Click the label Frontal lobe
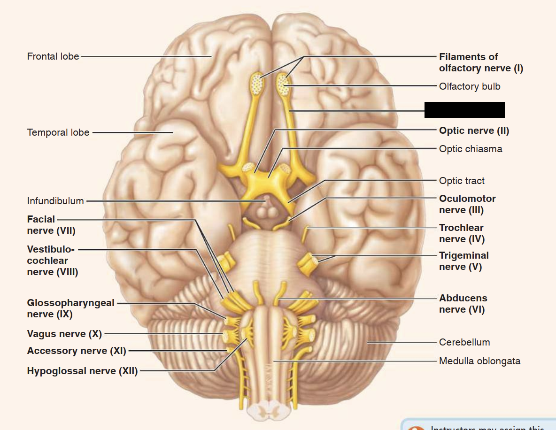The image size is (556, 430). pos(53,56)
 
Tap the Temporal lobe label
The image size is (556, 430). pos(58,132)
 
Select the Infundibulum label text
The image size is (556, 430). pos(55,201)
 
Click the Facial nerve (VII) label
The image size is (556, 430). pos(51,225)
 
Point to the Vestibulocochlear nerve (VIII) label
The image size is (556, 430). pos(52,260)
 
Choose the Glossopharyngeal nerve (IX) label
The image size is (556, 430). pos(70,308)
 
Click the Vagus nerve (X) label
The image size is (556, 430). pos(64,334)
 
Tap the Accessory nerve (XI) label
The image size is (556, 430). pos(77,351)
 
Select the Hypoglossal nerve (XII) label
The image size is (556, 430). pos(82,371)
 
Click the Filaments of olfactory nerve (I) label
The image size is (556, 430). pos(481,62)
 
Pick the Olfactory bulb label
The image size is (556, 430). pos(470,86)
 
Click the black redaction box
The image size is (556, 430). pos(464,110)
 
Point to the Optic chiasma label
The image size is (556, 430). pos(471,149)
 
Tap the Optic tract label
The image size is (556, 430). pos(462,181)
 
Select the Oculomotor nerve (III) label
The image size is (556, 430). pos(467,204)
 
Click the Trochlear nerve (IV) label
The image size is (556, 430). pos(462,233)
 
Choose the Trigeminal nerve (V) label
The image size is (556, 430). pos(464,261)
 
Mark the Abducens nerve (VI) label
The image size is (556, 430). pos(463,304)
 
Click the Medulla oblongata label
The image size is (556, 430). pos(479,361)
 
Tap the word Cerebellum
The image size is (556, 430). pos(464,342)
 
